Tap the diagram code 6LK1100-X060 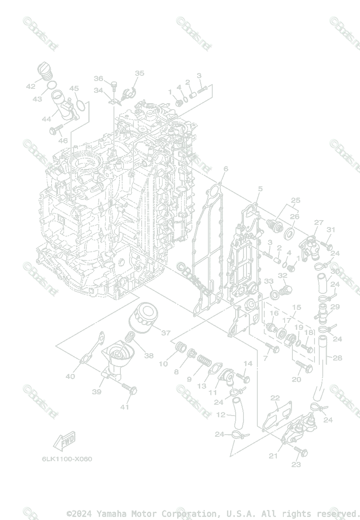pyautogui.click(x=67, y=459)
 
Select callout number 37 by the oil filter pyautogui.click(x=165, y=333)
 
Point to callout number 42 pyautogui.click(x=30, y=86)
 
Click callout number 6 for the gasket pyautogui.click(x=226, y=168)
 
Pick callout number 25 pyautogui.click(x=295, y=201)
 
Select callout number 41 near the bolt pyautogui.click(x=125, y=407)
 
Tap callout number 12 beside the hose pyautogui.click(x=221, y=415)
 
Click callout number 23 pyautogui.click(x=296, y=465)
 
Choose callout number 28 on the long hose pyautogui.click(x=337, y=358)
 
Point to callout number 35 pyautogui.click(x=139, y=73)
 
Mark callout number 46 pyautogui.click(x=63, y=140)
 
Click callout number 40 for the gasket pyautogui.click(x=70, y=376)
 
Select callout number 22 pyautogui.click(x=275, y=398)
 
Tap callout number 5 pyautogui.click(x=260, y=188)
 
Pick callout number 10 pyautogui.click(x=163, y=364)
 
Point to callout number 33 pyautogui.click(x=269, y=281)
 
